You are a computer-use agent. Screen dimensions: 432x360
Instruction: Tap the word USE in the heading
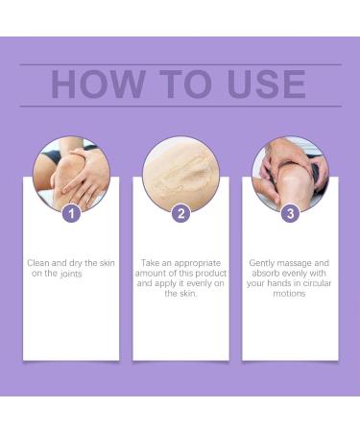(258, 84)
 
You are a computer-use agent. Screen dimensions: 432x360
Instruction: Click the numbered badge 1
(71, 213)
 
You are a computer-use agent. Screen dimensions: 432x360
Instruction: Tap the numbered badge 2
(180, 213)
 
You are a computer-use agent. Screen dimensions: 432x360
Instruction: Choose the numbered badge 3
(289, 213)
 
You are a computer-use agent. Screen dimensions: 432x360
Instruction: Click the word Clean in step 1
(40, 262)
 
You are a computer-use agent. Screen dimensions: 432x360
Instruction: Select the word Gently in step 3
(264, 262)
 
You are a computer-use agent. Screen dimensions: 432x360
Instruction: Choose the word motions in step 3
(289, 294)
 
